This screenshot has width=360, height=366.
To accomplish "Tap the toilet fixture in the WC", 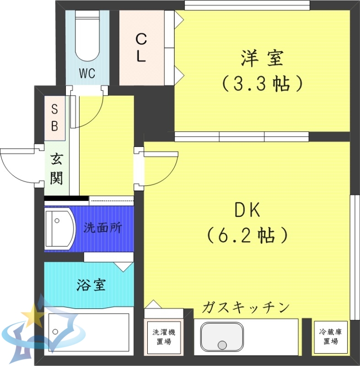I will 87,37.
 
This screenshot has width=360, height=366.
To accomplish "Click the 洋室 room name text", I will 262,59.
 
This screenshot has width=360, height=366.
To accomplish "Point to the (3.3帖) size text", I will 262,83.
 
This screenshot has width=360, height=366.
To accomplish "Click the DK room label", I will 247,210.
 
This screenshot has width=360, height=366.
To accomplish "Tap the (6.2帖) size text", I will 247,235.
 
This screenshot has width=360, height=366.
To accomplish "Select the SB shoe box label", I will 54,118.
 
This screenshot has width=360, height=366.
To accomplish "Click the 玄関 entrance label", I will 56,169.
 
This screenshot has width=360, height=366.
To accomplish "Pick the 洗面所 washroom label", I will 102,228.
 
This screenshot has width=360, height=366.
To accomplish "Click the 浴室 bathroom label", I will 91,285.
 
